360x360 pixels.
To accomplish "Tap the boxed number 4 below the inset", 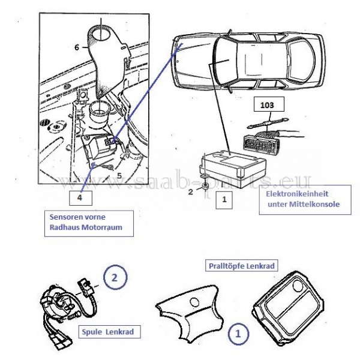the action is coord(80,198).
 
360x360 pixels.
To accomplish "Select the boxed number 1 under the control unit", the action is coord(224,200).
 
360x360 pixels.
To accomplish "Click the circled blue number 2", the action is coord(115,277).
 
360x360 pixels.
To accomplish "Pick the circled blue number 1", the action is coord(238,334).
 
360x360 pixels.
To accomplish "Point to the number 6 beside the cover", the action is coord(77,47).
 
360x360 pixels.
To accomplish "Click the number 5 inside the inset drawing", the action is coord(119,176).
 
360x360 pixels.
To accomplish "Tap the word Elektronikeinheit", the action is coord(297,194).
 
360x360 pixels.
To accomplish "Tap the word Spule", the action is coord(92,332).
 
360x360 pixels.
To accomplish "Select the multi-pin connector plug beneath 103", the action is coord(261,143).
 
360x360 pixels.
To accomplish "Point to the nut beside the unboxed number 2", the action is coord(205,187).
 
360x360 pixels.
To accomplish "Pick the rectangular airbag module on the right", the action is coord(289,308).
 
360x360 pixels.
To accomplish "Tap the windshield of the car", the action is coord(226,60).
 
